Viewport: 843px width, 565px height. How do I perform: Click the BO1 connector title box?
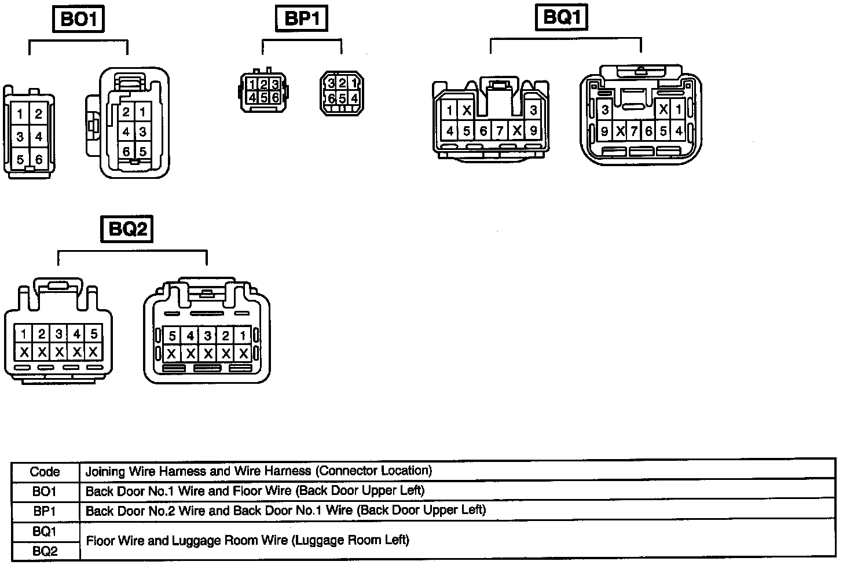pos(80,20)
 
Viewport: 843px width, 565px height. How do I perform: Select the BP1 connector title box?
pos(301,19)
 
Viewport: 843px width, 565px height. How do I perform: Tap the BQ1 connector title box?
pos(560,17)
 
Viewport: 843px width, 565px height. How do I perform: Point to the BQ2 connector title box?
pos(128,229)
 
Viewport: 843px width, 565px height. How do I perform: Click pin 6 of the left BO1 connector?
pos(38,159)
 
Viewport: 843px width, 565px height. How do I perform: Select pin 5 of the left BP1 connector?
pos(264,97)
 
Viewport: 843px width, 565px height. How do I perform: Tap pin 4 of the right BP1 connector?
pos(353,98)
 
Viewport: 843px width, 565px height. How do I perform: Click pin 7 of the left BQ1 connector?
pos(500,131)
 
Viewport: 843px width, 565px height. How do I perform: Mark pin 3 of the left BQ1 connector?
pos(533,110)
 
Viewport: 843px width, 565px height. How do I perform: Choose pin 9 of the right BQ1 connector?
pos(604,131)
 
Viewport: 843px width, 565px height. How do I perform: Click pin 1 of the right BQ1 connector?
pos(678,109)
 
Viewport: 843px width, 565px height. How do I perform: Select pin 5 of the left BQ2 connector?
pos(93,333)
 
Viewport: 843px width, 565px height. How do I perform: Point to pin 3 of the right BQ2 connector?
pos(208,336)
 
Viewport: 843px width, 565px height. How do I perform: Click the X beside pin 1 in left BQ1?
pos(467,110)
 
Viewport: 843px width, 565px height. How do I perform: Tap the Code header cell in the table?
pos(45,472)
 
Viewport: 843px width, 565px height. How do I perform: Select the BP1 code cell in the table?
pos(45,511)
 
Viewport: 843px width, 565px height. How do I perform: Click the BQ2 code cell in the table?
pos(45,551)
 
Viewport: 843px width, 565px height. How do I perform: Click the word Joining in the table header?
pos(105,471)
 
